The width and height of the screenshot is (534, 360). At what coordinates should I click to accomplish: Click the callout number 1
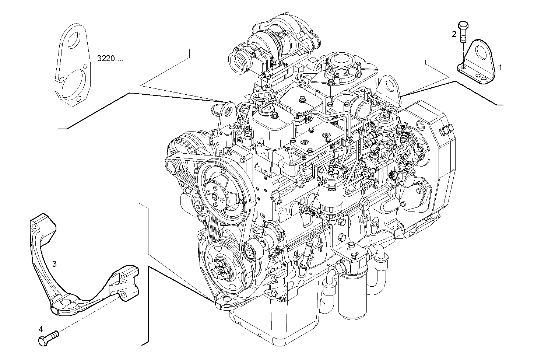pos(500,67)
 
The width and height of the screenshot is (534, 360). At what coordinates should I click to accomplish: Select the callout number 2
pos(454,34)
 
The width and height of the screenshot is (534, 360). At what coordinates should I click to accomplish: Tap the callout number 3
pos(54,263)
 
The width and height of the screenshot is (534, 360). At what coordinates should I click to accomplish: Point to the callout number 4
pos(41,328)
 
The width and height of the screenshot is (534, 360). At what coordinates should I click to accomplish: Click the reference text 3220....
pos(110,58)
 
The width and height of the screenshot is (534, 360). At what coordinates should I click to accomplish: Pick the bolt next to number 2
pos(462,31)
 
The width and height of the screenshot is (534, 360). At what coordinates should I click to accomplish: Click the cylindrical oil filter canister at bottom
pos(352,295)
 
